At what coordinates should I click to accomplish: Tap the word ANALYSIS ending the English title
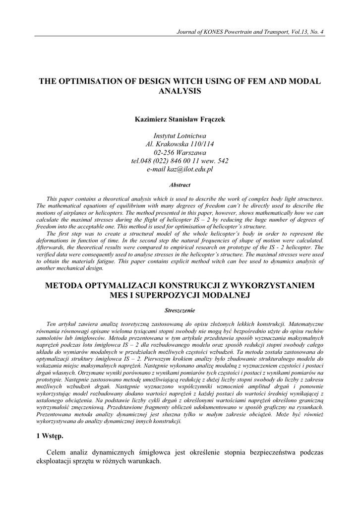click(180, 91)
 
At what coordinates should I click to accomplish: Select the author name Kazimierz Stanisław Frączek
click(180, 120)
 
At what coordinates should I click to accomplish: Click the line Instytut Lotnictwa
click(180, 135)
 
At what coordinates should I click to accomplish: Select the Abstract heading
click(180, 185)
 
